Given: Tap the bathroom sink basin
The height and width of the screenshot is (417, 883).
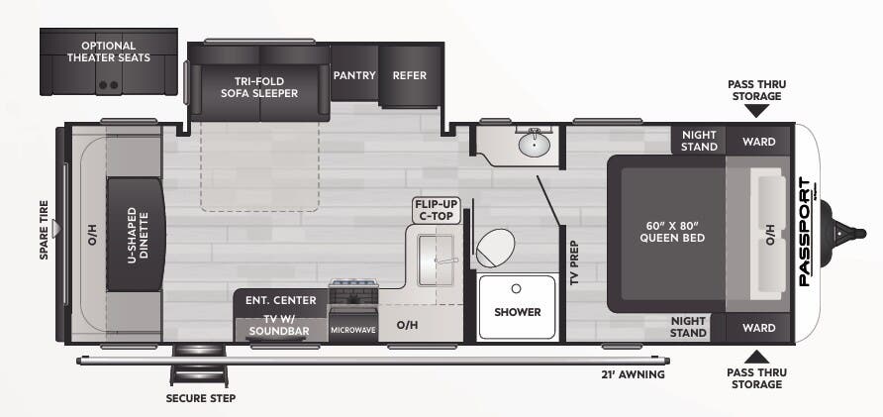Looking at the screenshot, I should tap(533, 145).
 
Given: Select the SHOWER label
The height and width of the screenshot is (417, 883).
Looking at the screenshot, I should tap(518, 312).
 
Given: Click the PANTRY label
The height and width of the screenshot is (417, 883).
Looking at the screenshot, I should tap(353, 75).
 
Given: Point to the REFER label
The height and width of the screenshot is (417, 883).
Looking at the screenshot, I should tap(409, 75).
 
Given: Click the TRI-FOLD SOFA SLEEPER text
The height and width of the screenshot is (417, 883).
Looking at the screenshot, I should tap(259, 87).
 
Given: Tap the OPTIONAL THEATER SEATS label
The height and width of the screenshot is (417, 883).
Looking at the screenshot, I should tap(108, 51).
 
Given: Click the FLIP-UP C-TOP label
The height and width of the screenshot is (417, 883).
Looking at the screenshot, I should tap(434, 209).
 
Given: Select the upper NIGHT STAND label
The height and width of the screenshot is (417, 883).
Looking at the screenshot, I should tap(699, 141).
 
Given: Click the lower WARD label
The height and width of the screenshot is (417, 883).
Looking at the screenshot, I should tap(758, 328).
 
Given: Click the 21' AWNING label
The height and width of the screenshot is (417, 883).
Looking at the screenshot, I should tap(633, 374).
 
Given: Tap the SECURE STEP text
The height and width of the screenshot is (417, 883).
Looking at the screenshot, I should tap(201, 397).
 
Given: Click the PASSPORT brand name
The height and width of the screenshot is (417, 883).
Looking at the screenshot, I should tap(805, 232).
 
